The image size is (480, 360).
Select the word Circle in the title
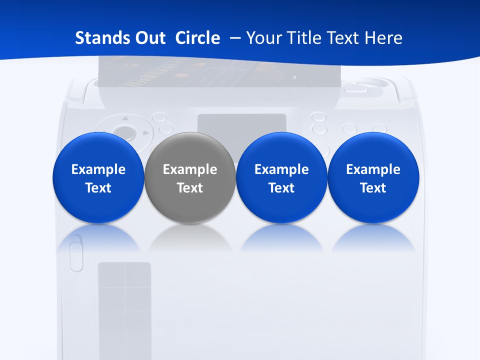point(197,38)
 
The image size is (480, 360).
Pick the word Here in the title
point(383,38)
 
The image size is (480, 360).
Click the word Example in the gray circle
point(190,169)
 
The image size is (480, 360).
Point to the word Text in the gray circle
point(190,188)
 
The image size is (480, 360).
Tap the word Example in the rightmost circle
point(373,169)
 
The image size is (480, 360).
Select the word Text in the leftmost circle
point(98,188)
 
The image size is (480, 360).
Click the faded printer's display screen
point(241,129)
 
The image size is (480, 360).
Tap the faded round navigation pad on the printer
point(123,133)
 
